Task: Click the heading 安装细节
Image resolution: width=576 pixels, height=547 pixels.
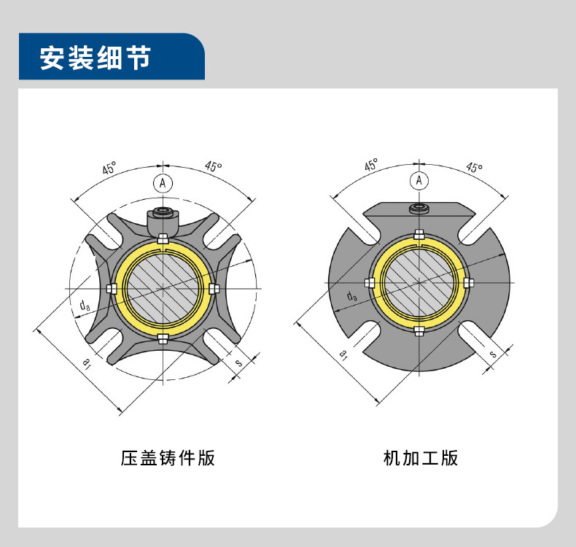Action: point(95,58)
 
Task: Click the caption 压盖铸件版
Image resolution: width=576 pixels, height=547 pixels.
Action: point(168,458)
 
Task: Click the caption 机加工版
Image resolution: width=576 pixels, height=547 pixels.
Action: point(421,458)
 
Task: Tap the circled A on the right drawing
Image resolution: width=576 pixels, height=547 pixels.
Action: point(419,180)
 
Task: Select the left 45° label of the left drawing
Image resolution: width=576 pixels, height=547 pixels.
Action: point(109,169)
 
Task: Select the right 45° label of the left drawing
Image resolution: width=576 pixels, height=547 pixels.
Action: point(213,167)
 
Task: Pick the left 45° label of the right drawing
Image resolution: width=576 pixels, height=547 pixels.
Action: point(371,165)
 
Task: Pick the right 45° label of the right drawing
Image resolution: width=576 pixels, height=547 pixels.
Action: point(474,168)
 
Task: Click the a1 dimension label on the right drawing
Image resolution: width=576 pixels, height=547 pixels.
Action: point(344,354)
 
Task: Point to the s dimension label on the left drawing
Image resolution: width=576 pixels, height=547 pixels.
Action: point(239,362)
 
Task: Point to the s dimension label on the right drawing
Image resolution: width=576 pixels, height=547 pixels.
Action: point(493,354)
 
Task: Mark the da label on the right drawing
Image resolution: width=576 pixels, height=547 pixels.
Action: point(352,295)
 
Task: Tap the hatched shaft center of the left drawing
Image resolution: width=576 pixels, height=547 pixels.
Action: point(162,288)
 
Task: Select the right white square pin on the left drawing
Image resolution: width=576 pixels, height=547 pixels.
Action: point(214,289)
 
